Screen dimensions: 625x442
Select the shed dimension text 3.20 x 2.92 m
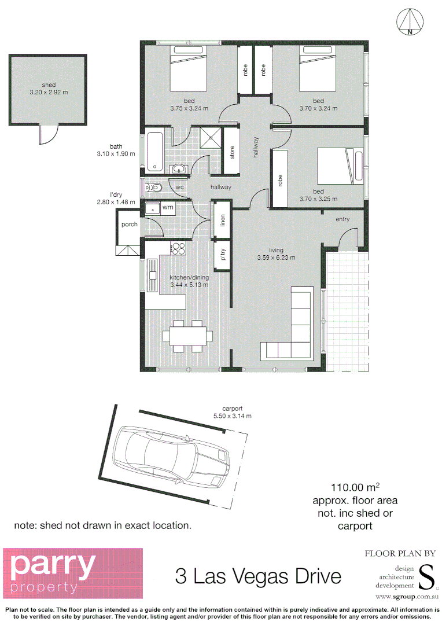[x=49, y=92]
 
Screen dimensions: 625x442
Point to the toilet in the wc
[x=154, y=187]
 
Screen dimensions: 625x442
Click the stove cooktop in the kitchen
[x=178, y=249]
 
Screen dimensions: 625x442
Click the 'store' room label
[x=233, y=153]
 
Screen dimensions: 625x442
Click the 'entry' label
[x=342, y=219]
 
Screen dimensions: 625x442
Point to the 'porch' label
[x=130, y=225]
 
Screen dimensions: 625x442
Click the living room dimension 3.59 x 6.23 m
[x=276, y=258]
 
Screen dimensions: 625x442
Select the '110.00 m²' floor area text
[x=355, y=487]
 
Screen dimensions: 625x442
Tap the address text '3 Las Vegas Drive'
[x=258, y=576]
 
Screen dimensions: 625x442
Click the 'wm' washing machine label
[x=168, y=207]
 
